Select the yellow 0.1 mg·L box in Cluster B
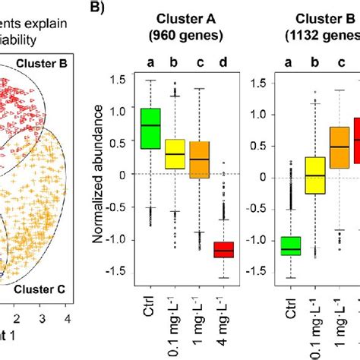click(314, 175)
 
